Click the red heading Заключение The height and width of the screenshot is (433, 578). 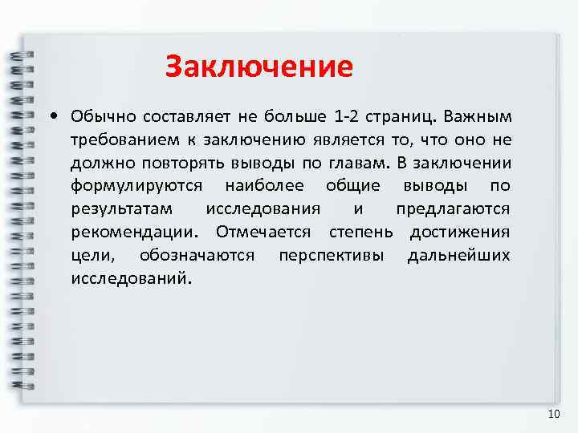pyautogui.click(x=258, y=67)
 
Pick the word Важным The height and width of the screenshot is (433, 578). pyautogui.click(x=477, y=117)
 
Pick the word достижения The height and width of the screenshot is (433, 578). pyautogui.click(x=459, y=233)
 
